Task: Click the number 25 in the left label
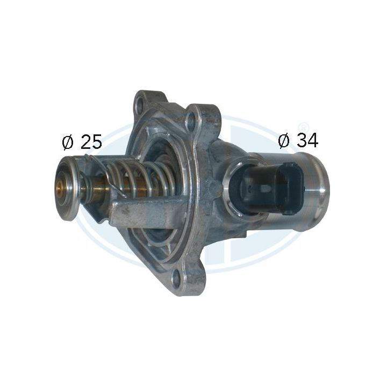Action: (91, 142)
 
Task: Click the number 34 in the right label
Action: (307, 140)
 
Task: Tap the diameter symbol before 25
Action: (68, 142)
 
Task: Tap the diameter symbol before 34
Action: (284, 141)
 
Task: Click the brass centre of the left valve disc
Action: (60, 188)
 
